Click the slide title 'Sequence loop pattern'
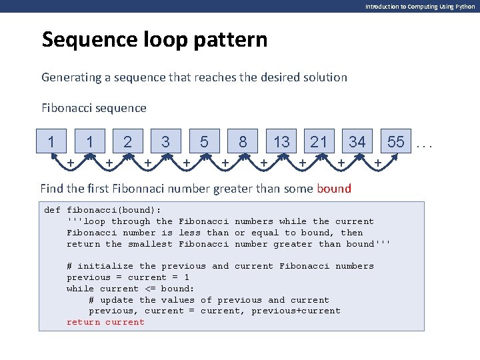pos(154,40)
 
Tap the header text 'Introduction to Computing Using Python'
pos(420,6)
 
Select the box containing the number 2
pos(127,142)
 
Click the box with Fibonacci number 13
pos(281,142)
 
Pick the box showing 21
pos(319,142)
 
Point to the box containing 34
pos(357,142)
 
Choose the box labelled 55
pos(395,142)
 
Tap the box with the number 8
pos(243,142)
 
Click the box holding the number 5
pos(204,142)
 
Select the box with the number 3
pos(165,142)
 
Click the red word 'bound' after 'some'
pos(334,189)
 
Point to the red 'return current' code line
pos(105,322)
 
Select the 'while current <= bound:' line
pos(130,289)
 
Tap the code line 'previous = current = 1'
pos(127,277)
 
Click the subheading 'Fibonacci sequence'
pos(94,107)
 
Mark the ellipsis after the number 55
pos(424,143)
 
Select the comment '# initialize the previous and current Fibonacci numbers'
pos(220,266)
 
